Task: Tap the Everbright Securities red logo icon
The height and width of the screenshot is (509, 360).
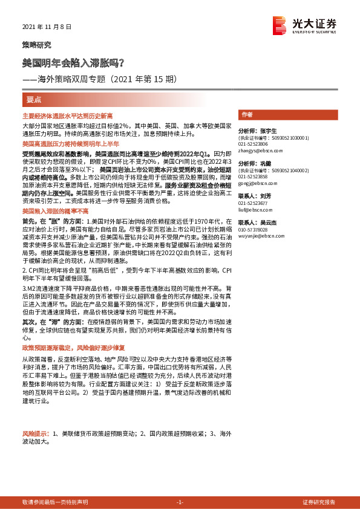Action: pos(280,24)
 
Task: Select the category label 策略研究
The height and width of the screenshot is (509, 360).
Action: pos(37,45)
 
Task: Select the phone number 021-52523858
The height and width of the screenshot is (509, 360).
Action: pos(253,177)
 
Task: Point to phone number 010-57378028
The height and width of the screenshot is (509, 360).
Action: pos(253,230)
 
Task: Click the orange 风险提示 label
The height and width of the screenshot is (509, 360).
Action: pos(34,434)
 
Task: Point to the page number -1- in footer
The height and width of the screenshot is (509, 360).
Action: pos(180,502)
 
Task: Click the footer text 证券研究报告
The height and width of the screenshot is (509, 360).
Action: pos(319,502)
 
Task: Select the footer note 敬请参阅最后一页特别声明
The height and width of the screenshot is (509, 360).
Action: pos(55,502)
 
